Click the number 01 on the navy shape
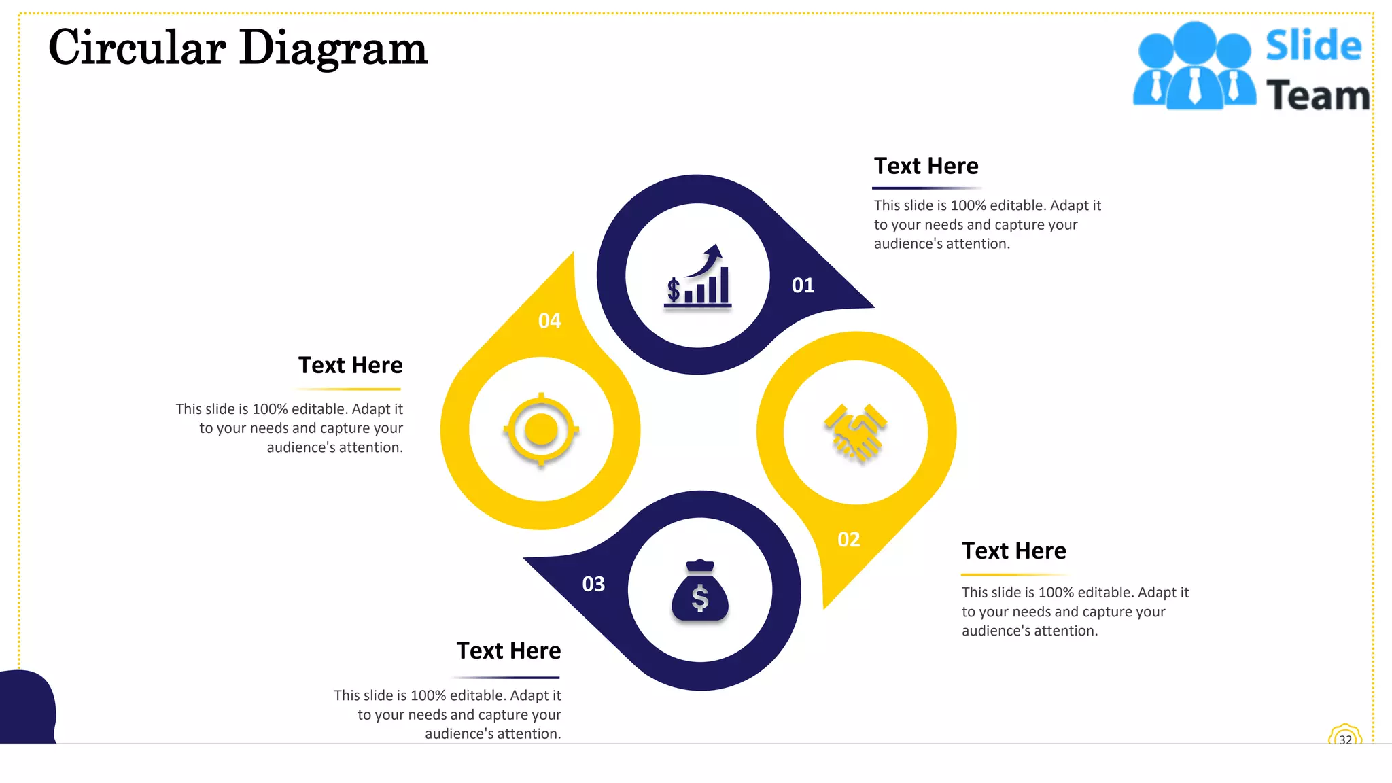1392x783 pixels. pos(803,285)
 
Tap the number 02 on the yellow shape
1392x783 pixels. pos(849,540)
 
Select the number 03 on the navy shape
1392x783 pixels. pos(593,585)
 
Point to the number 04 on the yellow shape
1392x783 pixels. pos(550,321)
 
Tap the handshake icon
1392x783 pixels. pos(856,432)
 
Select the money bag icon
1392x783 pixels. pos(700,591)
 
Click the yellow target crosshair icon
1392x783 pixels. pos(541,430)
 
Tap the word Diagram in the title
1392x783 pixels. pos(333,50)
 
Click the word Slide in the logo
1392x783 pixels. pos(1313,46)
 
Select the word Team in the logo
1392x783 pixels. pos(1317,95)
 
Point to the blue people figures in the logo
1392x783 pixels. pos(1194,67)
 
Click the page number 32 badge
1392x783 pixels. pos(1345,738)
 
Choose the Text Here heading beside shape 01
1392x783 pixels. pos(926,167)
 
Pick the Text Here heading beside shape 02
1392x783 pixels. pos(1013,551)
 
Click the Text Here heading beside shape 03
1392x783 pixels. pos(508,651)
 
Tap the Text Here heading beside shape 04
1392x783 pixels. pos(350,366)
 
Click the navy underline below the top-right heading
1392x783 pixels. pos(926,188)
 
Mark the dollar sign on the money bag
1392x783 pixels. pos(700,598)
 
